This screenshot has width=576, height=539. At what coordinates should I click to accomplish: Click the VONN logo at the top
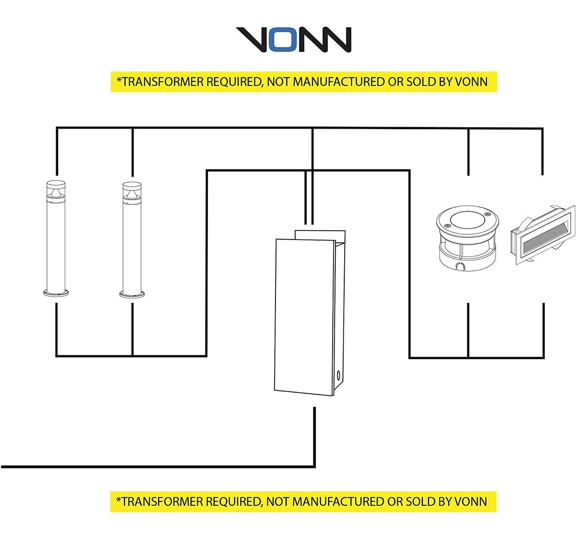pyautogui.click(x=293, y=39)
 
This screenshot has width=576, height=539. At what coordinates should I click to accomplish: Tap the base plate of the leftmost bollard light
pyautogui.click(x=56, y=292)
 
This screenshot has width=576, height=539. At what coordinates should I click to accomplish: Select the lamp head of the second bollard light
pyautogui.click(x=132, y=191)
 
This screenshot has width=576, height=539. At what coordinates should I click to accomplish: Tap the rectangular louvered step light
pyautogui.click(x=542, y=235)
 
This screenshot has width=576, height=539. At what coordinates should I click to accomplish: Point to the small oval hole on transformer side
pyautogui.click(x=339, y=376)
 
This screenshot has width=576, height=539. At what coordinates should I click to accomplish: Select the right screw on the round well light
pyautogui.click(x=488, y=214)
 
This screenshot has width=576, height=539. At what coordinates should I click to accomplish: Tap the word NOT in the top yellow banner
pyautogui.click(x=278, y=82)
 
